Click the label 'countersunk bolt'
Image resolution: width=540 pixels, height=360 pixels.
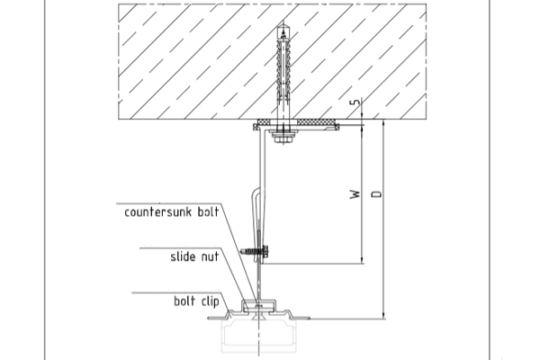point(172,211)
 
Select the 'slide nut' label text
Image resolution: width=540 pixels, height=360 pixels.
point(196,256)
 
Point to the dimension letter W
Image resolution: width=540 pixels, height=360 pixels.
point(357,193)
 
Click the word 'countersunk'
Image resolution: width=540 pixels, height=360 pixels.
point(155,211)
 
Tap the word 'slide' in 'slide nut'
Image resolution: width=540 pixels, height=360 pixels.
point(185,256)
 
